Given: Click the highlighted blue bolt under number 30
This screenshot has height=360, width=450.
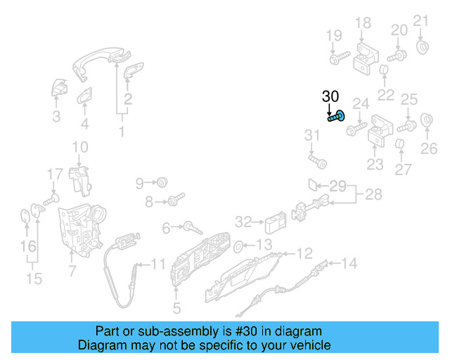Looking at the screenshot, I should [x=337, y=117].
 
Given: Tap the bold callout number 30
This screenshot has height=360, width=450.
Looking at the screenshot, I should [x=330, y=96].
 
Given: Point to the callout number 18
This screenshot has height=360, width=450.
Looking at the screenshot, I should [x=362, y=23].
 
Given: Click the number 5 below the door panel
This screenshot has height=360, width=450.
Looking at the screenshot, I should [x=176, y=307].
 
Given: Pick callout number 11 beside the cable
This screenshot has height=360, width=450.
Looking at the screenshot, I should [x=158, y=265].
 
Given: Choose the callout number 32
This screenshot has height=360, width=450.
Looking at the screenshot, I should [x=243, y=222].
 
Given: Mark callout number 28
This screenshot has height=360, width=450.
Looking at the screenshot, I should [x=373, y=195].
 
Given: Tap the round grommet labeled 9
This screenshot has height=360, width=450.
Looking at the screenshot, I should [x=162, y=183].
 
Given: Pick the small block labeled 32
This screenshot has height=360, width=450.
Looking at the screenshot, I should [x=274, y=224].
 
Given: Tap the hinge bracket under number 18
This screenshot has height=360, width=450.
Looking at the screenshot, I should [x=365, y=57].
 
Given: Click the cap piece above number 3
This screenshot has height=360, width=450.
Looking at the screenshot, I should [x=58, y=89].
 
